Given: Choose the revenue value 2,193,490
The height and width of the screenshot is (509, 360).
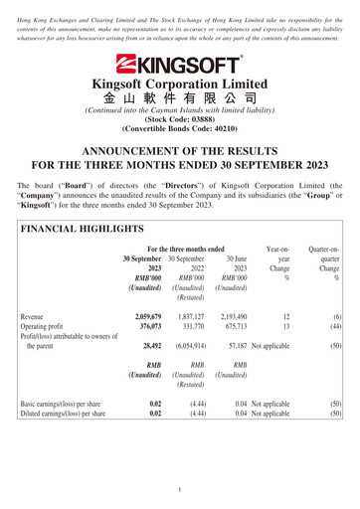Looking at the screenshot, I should coord(234,316).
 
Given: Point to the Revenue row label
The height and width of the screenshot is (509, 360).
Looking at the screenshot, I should coord(38,316).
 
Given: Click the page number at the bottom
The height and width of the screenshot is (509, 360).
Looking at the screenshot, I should coord(180,489).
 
